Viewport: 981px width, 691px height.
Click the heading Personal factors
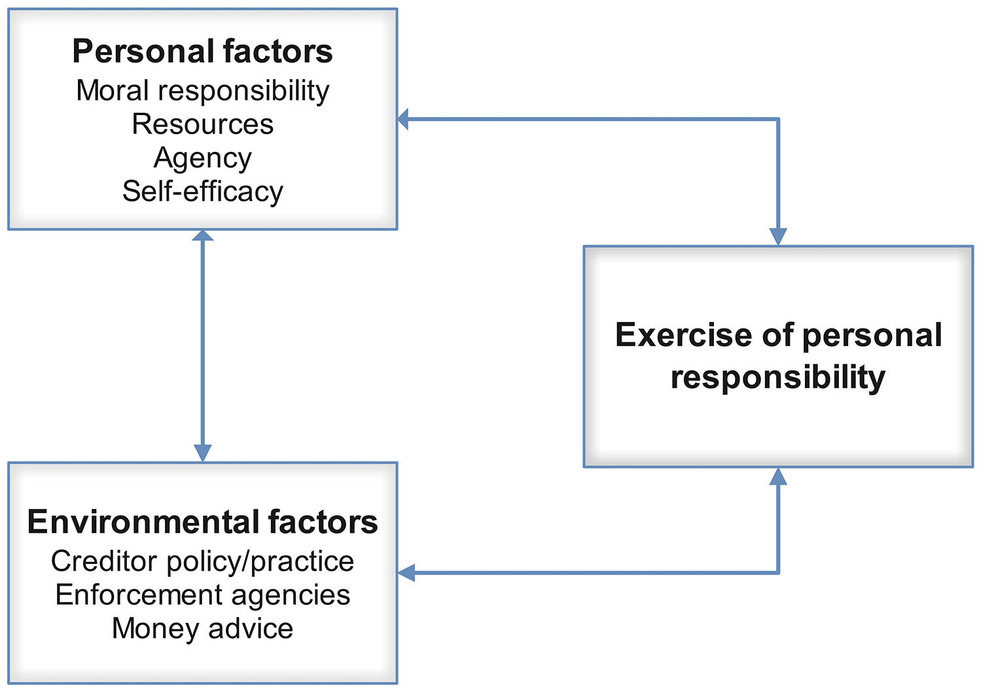[202, 52]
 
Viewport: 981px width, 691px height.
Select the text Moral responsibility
[202, 90]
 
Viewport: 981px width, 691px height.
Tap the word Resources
[202, 124]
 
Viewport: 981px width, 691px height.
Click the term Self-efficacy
[202, 192]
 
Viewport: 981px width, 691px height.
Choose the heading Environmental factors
[202, 522]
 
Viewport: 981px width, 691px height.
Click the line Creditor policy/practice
[202, 561]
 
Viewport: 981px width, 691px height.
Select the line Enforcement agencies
[202, 595]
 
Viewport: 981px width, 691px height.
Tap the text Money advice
[202, 629]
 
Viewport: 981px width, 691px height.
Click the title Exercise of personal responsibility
[778, 356]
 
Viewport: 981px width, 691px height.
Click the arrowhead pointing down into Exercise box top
[778, 237]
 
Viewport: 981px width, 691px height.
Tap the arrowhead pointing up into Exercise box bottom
[778, 476]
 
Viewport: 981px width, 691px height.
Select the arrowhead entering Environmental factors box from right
[406, 573]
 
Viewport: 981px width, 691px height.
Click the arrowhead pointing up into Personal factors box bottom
[203, 237]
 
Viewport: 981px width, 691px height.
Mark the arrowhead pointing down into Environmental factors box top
[203, 453]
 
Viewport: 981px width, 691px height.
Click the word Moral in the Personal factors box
[103, 90]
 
